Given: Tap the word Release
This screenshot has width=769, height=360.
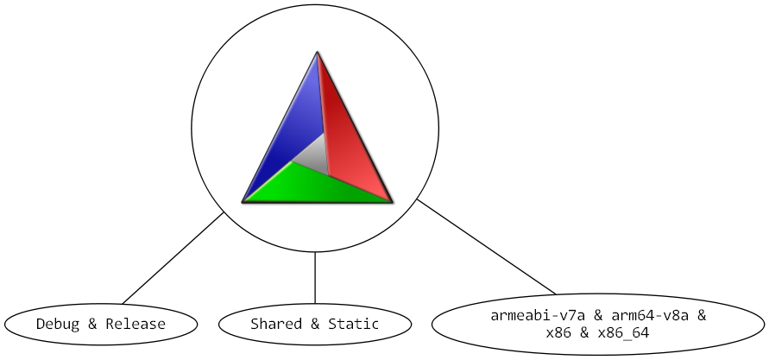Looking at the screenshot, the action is pyautogui.click(x=136, y=325).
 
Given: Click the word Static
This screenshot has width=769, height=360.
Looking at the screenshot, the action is pyautogui.click(x=354, y=324).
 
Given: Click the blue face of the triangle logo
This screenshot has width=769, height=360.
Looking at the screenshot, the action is pyautogui.click(x=289, y=128).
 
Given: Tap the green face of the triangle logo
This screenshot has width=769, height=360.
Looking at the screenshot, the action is pyautogui.click(x=314, y=186).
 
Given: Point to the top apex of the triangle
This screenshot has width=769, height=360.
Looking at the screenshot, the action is pyautogui.click(x=318, y=52).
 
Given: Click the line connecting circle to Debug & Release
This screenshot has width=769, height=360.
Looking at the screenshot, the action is pyautogui.click(x=173, y=258).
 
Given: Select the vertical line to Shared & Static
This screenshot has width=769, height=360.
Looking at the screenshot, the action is pyautogui.click(x=315, y=278).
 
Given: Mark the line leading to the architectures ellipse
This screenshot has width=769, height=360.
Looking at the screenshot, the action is pyautogui.click(x=486, y=247).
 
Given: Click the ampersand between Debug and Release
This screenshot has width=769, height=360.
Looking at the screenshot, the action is pyautogui.click(x=92, y=325).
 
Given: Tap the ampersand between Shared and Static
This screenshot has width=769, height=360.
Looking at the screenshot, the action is pyautogui.click(x=315, y=324).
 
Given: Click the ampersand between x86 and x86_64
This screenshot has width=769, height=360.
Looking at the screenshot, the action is pyautogui.click(x=584, y=333).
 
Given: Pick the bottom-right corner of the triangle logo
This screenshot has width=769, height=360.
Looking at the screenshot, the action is pyautogui.click(x=393, y=201).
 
